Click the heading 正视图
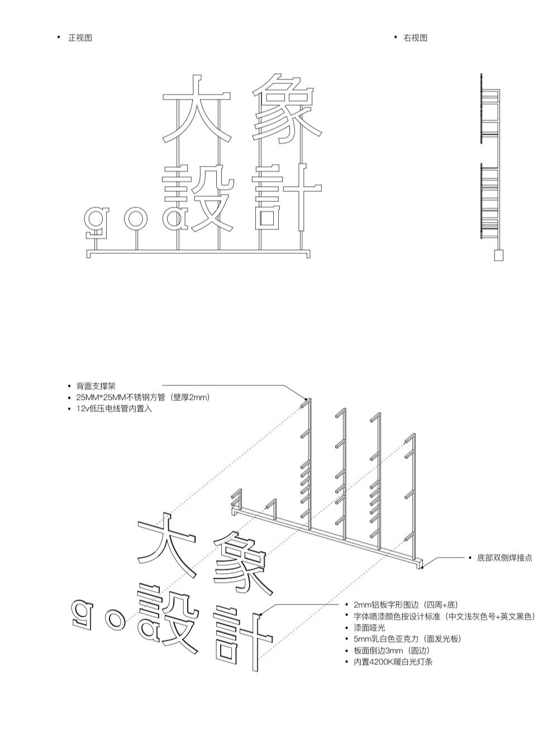click(80, 38)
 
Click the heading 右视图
click(415, 38)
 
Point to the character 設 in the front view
click(197, 198)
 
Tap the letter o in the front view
click(136, 218)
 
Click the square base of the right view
click(498, 256)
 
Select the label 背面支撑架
click(96, 386)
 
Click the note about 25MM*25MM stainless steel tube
click(142, 397)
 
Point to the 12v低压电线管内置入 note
click(114, 408)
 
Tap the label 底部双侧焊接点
click(505, 558)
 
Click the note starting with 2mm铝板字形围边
click(405, 604)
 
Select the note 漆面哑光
click(369, 627)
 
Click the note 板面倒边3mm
click(392, 650)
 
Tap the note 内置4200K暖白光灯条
click(393, 662)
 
